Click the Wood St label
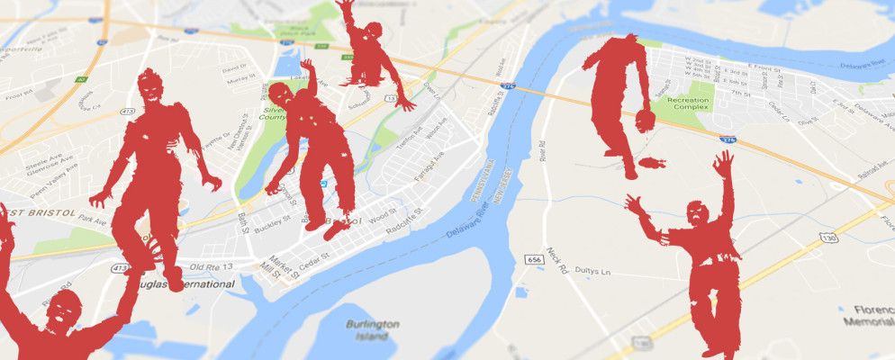[382, 216]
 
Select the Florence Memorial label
[869, 315]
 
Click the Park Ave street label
[92, 219]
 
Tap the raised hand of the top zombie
[343, 7]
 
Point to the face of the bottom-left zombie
[61, 312]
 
